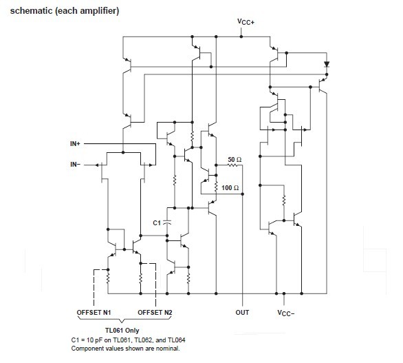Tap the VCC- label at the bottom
click(287, 312)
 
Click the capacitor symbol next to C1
click(166, 222)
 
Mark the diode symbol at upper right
click(327, 66)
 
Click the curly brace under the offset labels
click(124, 321)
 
